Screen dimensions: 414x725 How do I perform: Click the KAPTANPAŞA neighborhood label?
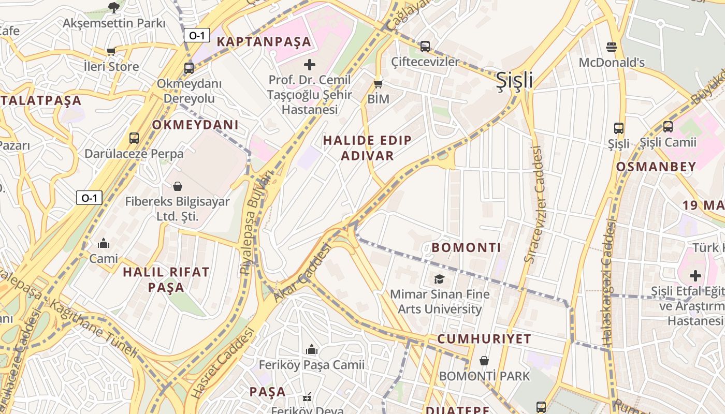264,42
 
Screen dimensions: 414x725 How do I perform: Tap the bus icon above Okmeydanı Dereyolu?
189,68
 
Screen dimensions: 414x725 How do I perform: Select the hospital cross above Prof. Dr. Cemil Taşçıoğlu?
310,65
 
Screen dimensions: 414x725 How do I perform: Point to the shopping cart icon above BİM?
379,83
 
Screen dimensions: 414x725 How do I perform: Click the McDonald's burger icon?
611,47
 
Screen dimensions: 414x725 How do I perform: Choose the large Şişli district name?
514,80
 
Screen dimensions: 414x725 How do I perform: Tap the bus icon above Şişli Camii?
668,126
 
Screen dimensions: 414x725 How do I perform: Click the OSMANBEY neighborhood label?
656,167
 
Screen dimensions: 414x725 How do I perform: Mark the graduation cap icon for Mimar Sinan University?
439,279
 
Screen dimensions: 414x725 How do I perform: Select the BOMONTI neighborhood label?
467,248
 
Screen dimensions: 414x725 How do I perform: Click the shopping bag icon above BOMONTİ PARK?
484,361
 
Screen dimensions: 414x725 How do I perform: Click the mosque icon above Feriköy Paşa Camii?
312,350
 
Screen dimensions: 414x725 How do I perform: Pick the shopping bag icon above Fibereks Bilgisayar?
178,186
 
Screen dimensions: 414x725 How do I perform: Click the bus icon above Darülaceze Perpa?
134,138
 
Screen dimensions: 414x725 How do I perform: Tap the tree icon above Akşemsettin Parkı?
114,7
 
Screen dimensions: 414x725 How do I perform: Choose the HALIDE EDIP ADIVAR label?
368,148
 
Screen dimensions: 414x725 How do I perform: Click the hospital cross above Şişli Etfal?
695,275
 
